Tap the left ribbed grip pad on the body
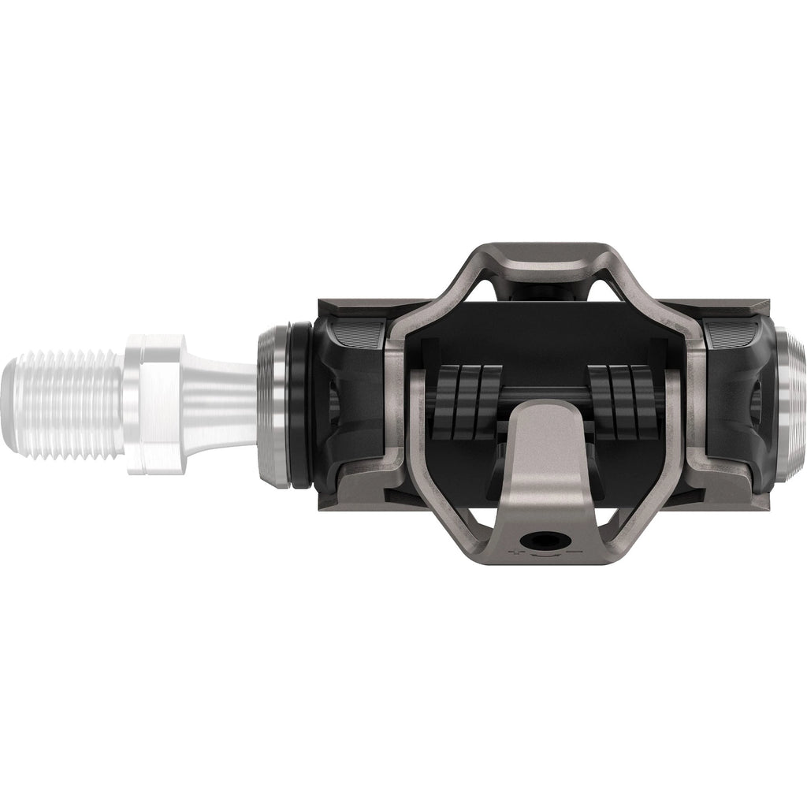click(359, 335)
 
